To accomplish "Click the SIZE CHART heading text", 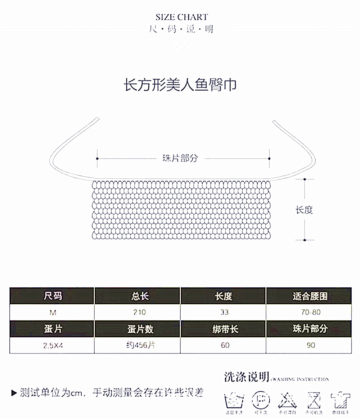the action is pyautogui.click(x=182, y=17).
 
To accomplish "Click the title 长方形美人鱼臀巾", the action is pyautogui.click(x=180, y=86).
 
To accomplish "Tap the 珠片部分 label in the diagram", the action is pyautogui.click(x=180, y=158).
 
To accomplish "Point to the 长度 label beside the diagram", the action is pyautogui.click(x=304, y=210).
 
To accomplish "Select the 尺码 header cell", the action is pyautogui.click(x=53, y=296).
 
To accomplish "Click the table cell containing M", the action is pyautogui.click(x=53, y=312).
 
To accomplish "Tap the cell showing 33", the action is pyautogui.click(x=224, y=312).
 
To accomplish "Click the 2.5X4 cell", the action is pyautogui.click(x=53, y=345).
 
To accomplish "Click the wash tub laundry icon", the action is pyautogui.click(x=234, y=400).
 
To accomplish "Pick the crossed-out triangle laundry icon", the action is pyautogui.click(x=287, y=400).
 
